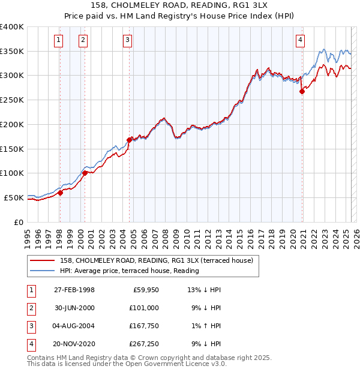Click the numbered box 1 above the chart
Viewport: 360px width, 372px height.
point(59,40)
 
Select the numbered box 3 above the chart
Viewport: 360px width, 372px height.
point(128,40)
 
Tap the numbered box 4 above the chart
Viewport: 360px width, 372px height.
point(300,40)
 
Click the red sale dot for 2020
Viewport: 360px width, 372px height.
point(302,91)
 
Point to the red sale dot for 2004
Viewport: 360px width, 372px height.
point(129,140)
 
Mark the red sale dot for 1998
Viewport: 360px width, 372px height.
point(60,193)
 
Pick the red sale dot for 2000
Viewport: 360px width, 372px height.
point(85,173)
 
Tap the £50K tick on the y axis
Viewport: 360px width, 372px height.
point(14,197)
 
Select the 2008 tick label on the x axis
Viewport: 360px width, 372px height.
point(165,236)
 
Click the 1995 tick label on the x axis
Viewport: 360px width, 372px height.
point(27,236)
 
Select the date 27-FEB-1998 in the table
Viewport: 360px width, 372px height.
point(74,290)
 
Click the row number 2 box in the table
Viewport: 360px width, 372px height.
point(29,308)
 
